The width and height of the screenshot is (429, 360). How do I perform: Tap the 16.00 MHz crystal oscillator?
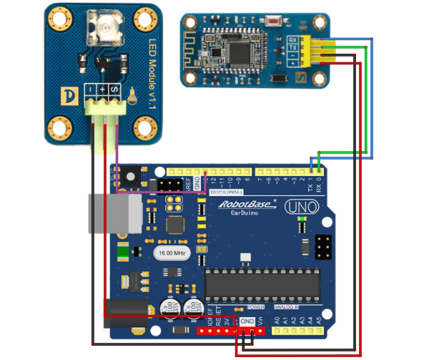(x=171, y=253)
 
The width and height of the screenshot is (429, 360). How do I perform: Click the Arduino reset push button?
(x=130, y=175)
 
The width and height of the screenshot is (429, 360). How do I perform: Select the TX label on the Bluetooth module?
(x=292, y=48)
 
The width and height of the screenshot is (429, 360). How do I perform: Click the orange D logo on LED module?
(x=70, y=95)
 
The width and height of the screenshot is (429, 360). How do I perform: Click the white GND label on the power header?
(x=247, y=321)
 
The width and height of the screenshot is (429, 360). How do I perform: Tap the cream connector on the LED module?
(x=102, y=108)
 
